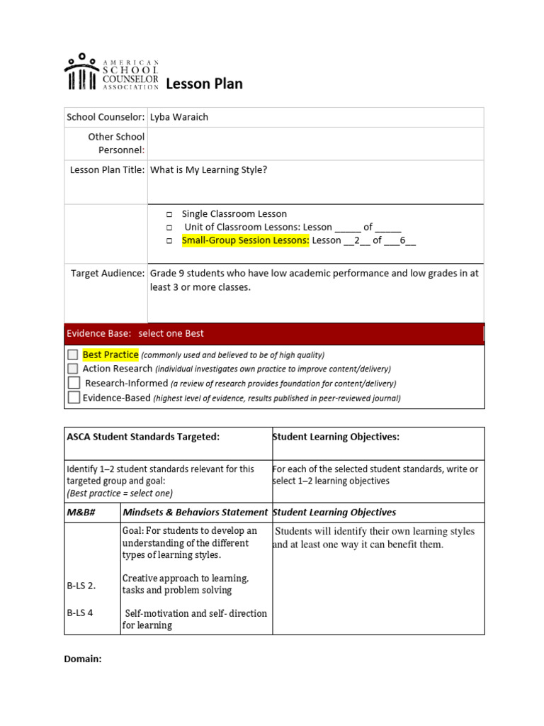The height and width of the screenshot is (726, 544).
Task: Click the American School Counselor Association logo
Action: click(111, 72)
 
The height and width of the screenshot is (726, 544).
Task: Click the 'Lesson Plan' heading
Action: click(204, 84)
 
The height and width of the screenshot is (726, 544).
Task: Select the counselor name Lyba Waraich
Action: click(179, 117)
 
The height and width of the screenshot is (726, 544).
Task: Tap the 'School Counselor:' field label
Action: click(106, 117)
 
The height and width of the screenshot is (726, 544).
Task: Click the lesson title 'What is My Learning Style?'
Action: click(208, 169)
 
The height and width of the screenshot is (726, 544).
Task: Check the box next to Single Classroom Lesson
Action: click(170, 214)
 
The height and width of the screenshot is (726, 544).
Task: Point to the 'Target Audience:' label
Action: click(108, 273)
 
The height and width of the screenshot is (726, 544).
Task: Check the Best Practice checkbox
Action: click(73, 354)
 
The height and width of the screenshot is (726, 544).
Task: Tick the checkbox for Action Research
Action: click(73, 369)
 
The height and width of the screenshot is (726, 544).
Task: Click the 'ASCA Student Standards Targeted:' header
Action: click(143, 437)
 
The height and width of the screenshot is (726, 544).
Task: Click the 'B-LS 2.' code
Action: click(81, 586)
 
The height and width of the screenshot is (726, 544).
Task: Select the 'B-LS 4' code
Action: click(79, 613)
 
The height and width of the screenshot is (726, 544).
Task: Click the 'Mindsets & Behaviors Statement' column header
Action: click(195, 512)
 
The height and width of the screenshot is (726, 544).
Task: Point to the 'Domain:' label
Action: click(83, 659)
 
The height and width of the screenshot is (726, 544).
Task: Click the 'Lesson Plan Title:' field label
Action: click(107, 169)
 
